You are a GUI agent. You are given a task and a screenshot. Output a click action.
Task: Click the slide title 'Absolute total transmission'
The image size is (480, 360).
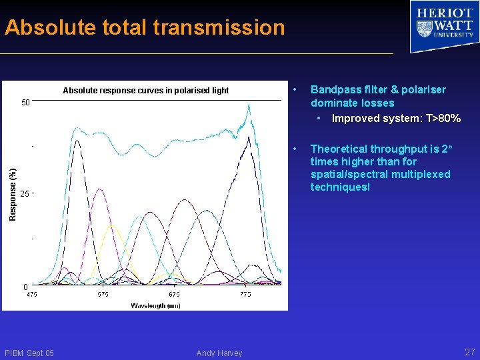(145, 27)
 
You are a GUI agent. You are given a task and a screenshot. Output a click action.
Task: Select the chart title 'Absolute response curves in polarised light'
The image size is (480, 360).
(145, 91)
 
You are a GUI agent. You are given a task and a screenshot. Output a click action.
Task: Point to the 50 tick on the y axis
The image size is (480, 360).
(25, 103)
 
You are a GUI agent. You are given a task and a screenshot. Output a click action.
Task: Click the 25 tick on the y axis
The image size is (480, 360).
(25, 194)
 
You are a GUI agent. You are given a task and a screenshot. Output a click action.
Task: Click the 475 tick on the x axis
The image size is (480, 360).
(32, 295)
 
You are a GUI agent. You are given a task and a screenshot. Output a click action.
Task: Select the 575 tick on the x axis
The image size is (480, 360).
(103, 295)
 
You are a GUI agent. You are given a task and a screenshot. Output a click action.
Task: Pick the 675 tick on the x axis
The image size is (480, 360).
(174, 295)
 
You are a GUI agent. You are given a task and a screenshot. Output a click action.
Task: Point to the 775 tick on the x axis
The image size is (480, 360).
(245, 295)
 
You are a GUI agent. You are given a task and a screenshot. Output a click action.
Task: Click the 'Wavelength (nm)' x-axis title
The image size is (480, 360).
(155, 305)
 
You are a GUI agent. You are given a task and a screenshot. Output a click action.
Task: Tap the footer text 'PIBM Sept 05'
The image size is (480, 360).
(29, 353)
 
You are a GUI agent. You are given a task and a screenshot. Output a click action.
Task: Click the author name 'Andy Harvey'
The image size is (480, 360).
(219, 353)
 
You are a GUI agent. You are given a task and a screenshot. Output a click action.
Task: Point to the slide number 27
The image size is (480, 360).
(469, 352)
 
